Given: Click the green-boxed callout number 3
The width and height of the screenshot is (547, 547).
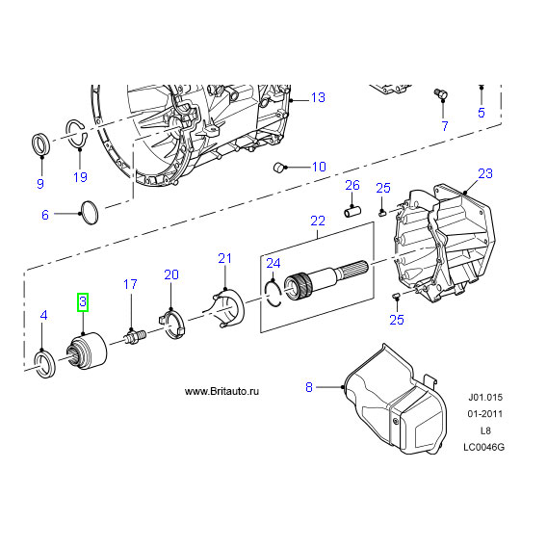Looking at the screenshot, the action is [83, 301].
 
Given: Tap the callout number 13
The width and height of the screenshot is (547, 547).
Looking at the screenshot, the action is [318, 97].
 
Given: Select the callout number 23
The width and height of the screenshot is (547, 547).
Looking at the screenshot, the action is [485, 173].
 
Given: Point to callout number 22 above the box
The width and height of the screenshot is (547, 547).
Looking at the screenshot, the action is [318, 221].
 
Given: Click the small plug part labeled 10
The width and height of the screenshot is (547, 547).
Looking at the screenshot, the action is [280, 168].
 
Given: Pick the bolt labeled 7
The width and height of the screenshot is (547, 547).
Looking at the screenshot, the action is [441, 94].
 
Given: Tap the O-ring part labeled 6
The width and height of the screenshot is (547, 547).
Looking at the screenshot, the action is [89, 213].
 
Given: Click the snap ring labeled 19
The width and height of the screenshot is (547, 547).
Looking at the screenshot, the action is [76, 134].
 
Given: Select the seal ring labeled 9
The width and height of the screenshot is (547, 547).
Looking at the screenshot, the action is [40, 143].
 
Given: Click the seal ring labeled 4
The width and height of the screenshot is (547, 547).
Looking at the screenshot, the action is [44, 365].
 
